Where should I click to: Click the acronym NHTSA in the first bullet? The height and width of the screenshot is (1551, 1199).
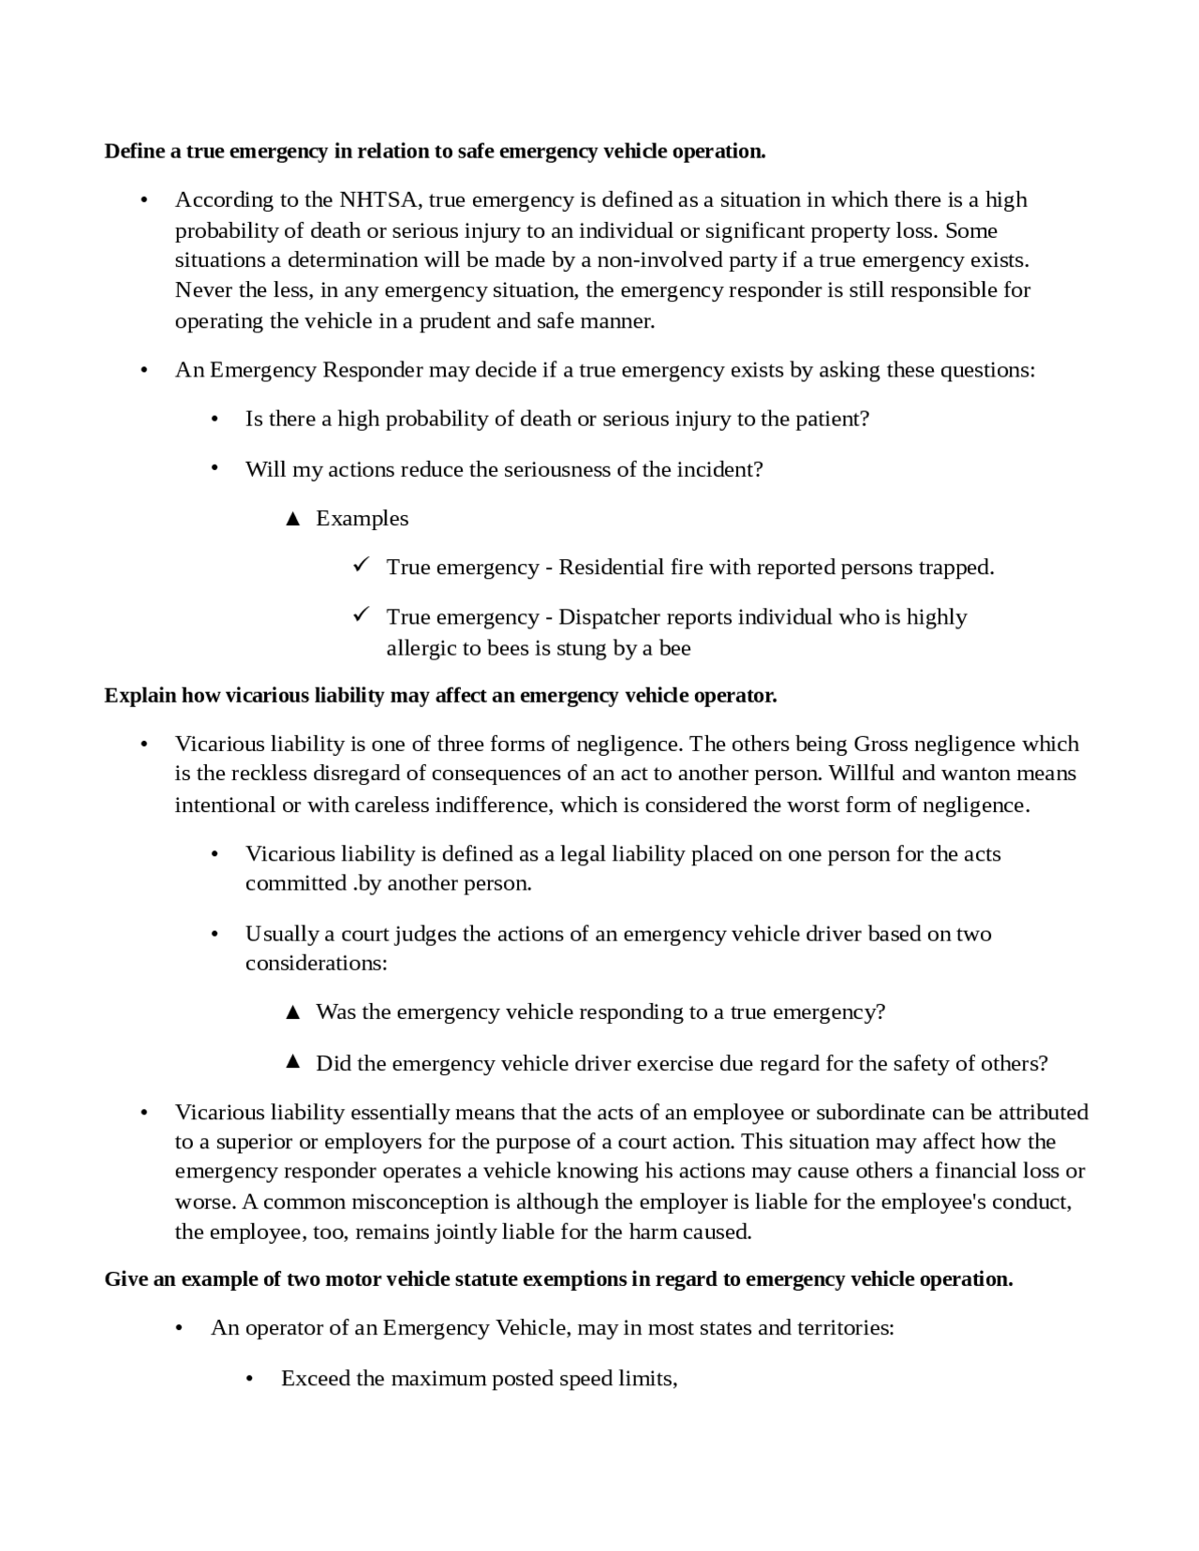381,200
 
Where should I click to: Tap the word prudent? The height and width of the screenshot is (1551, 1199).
453,321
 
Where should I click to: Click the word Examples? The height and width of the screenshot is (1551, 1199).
363,519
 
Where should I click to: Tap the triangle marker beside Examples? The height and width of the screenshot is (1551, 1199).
292,519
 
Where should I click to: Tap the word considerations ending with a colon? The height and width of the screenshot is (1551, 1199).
317,964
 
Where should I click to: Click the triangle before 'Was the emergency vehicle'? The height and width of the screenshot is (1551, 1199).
292,1012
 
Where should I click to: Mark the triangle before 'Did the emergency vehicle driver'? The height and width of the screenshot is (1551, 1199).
292,1062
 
